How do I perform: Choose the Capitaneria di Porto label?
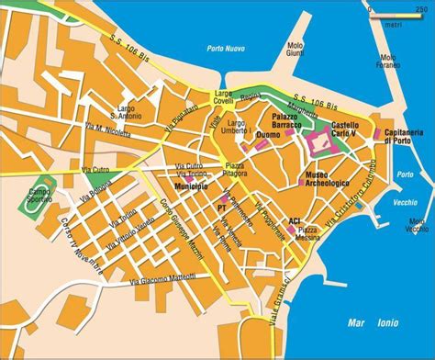pos(403,137)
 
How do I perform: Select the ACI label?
pos(295,221)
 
